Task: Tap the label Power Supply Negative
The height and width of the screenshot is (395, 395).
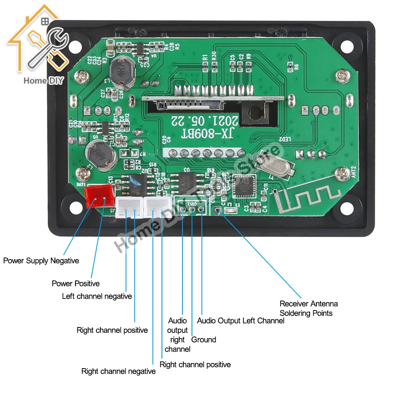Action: (x=41, y=261)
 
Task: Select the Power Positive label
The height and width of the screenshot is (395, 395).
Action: (x=75, y=284)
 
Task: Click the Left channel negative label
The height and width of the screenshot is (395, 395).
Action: (x=97, y=296)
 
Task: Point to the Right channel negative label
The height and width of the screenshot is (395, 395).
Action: (x=118, y=371)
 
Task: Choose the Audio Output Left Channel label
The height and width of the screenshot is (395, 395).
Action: (x=241, y=321)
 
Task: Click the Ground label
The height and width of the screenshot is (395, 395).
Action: (x=203, y=340)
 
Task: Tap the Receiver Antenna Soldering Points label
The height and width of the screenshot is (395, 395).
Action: (x=308, y=308)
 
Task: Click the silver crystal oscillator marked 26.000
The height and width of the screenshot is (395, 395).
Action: (x=274, y=165)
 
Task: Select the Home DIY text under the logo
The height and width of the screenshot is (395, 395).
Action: (x=43, y=81)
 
